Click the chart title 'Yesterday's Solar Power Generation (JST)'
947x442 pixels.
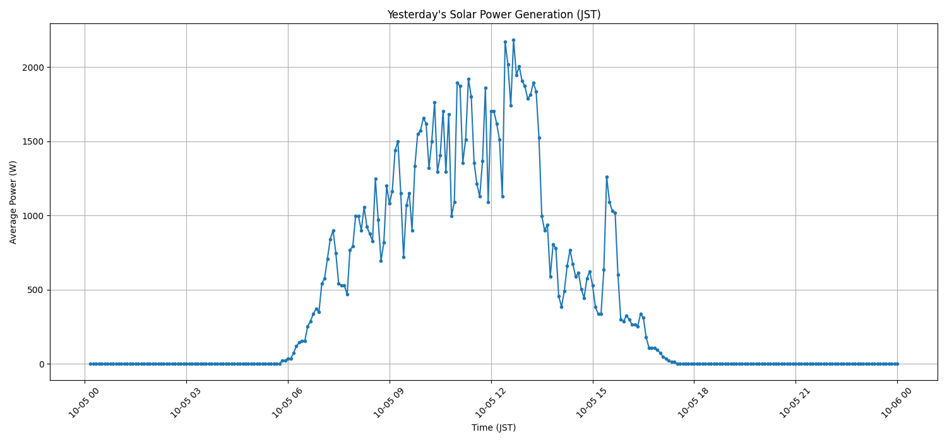(x=494, y=15)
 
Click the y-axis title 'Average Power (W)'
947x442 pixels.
(x=13, y=202)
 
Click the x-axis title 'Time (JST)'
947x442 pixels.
(x=494, y=427)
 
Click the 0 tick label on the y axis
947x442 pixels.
(x=42, y=364)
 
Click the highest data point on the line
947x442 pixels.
(x=513, y=40)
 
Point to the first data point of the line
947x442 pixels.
(x=90, y=364)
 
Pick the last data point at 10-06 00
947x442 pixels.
(x=897, y=364)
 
